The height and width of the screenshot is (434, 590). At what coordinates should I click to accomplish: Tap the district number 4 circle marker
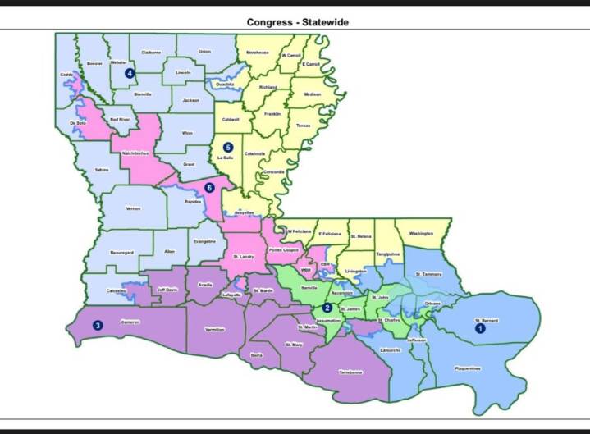[x=129, y=73]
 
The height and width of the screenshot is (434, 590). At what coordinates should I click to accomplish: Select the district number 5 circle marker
[x=217, y=147]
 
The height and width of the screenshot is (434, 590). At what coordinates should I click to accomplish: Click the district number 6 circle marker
[x=210, y=187]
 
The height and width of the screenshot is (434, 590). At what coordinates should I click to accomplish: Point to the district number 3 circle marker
[x=97, y=326]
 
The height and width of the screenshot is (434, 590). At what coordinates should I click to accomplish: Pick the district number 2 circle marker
[x=327, y=308]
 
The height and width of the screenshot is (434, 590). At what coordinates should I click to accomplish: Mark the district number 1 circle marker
[x=481, y=327]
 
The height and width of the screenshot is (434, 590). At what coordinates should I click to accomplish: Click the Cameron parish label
[x=128, y=322]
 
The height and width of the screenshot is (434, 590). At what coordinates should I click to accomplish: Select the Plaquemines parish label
[x=467, y=368]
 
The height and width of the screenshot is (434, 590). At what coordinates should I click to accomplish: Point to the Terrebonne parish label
[x=350, y=372]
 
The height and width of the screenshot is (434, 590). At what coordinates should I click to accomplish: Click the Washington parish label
[x=420, y=234]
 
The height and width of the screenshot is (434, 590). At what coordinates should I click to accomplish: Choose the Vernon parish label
[x=133, y=208]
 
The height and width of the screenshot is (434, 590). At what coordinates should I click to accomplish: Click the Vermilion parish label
[x=216, y=329]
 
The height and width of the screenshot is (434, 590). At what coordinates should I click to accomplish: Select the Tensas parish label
[x=304, y=126]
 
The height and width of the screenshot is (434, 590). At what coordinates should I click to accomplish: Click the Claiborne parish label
[x=151, y=53]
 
